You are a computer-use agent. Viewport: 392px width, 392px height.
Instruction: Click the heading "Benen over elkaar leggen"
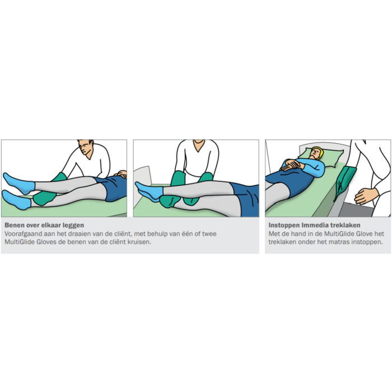44,225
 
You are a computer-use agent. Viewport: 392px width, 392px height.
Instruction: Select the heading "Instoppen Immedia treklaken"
314,225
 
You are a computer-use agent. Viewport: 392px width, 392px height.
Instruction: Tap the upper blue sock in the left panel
18,183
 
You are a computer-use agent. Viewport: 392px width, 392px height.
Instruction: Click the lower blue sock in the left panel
16,200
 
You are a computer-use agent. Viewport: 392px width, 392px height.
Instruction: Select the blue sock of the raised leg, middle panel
150,192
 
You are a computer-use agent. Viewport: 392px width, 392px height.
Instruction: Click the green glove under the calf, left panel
44,198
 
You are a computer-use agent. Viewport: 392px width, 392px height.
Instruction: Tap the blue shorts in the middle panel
246,199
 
